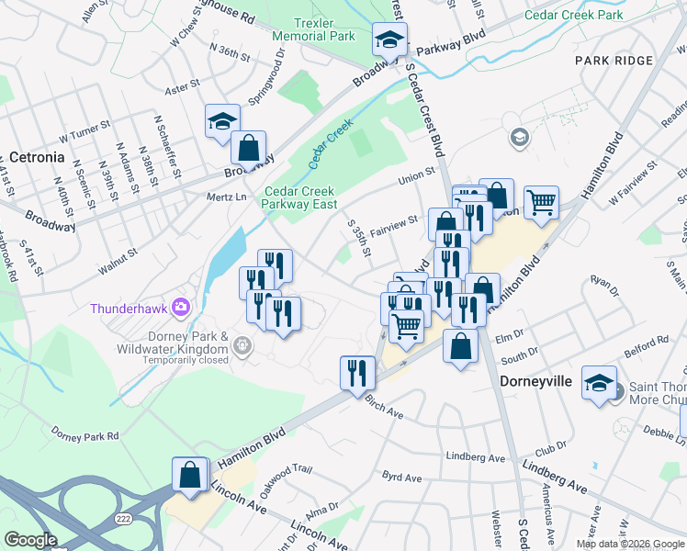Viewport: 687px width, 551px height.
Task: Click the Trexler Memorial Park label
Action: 313,28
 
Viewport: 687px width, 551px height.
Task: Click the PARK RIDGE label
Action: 610,60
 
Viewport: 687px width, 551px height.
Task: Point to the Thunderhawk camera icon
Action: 182,306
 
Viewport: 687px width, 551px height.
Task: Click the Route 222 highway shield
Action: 123,519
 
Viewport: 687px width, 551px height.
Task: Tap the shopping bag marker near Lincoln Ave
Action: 190,476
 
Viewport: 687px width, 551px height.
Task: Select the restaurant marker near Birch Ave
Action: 357,373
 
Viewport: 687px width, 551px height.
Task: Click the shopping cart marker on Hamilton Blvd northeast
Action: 541,201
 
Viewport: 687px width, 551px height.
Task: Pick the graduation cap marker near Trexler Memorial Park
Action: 389,40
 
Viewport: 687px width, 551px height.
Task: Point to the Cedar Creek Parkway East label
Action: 300,197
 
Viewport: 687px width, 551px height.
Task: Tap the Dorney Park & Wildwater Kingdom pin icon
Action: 242,346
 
